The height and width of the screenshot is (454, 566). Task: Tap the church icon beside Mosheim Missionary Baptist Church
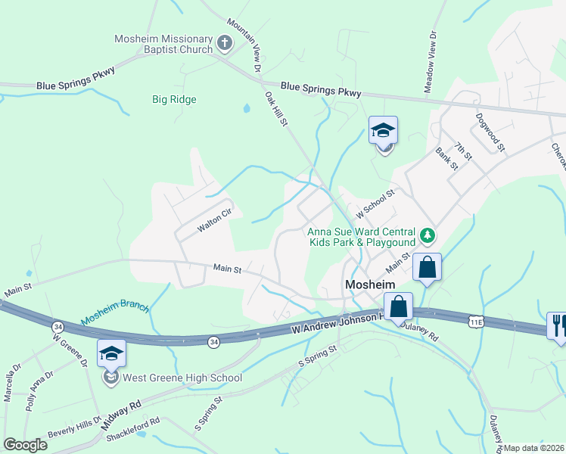(x=224, y=44)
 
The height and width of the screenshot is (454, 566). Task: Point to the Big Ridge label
(x=174, y=99)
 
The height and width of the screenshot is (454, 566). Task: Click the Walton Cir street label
(x=213, y=220)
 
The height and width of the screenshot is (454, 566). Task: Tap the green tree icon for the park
(x=428, y=236)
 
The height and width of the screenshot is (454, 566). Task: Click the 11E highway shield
(x=475, y=322)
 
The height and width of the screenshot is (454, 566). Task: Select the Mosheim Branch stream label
(x=116, y=314)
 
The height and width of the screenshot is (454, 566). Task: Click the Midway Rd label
(x=120, y=418)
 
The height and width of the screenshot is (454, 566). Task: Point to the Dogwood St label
(x=490, y=132)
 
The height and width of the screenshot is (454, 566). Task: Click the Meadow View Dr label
(x=430, y=61)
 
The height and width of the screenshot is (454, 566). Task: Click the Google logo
(x=26, y=445)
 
